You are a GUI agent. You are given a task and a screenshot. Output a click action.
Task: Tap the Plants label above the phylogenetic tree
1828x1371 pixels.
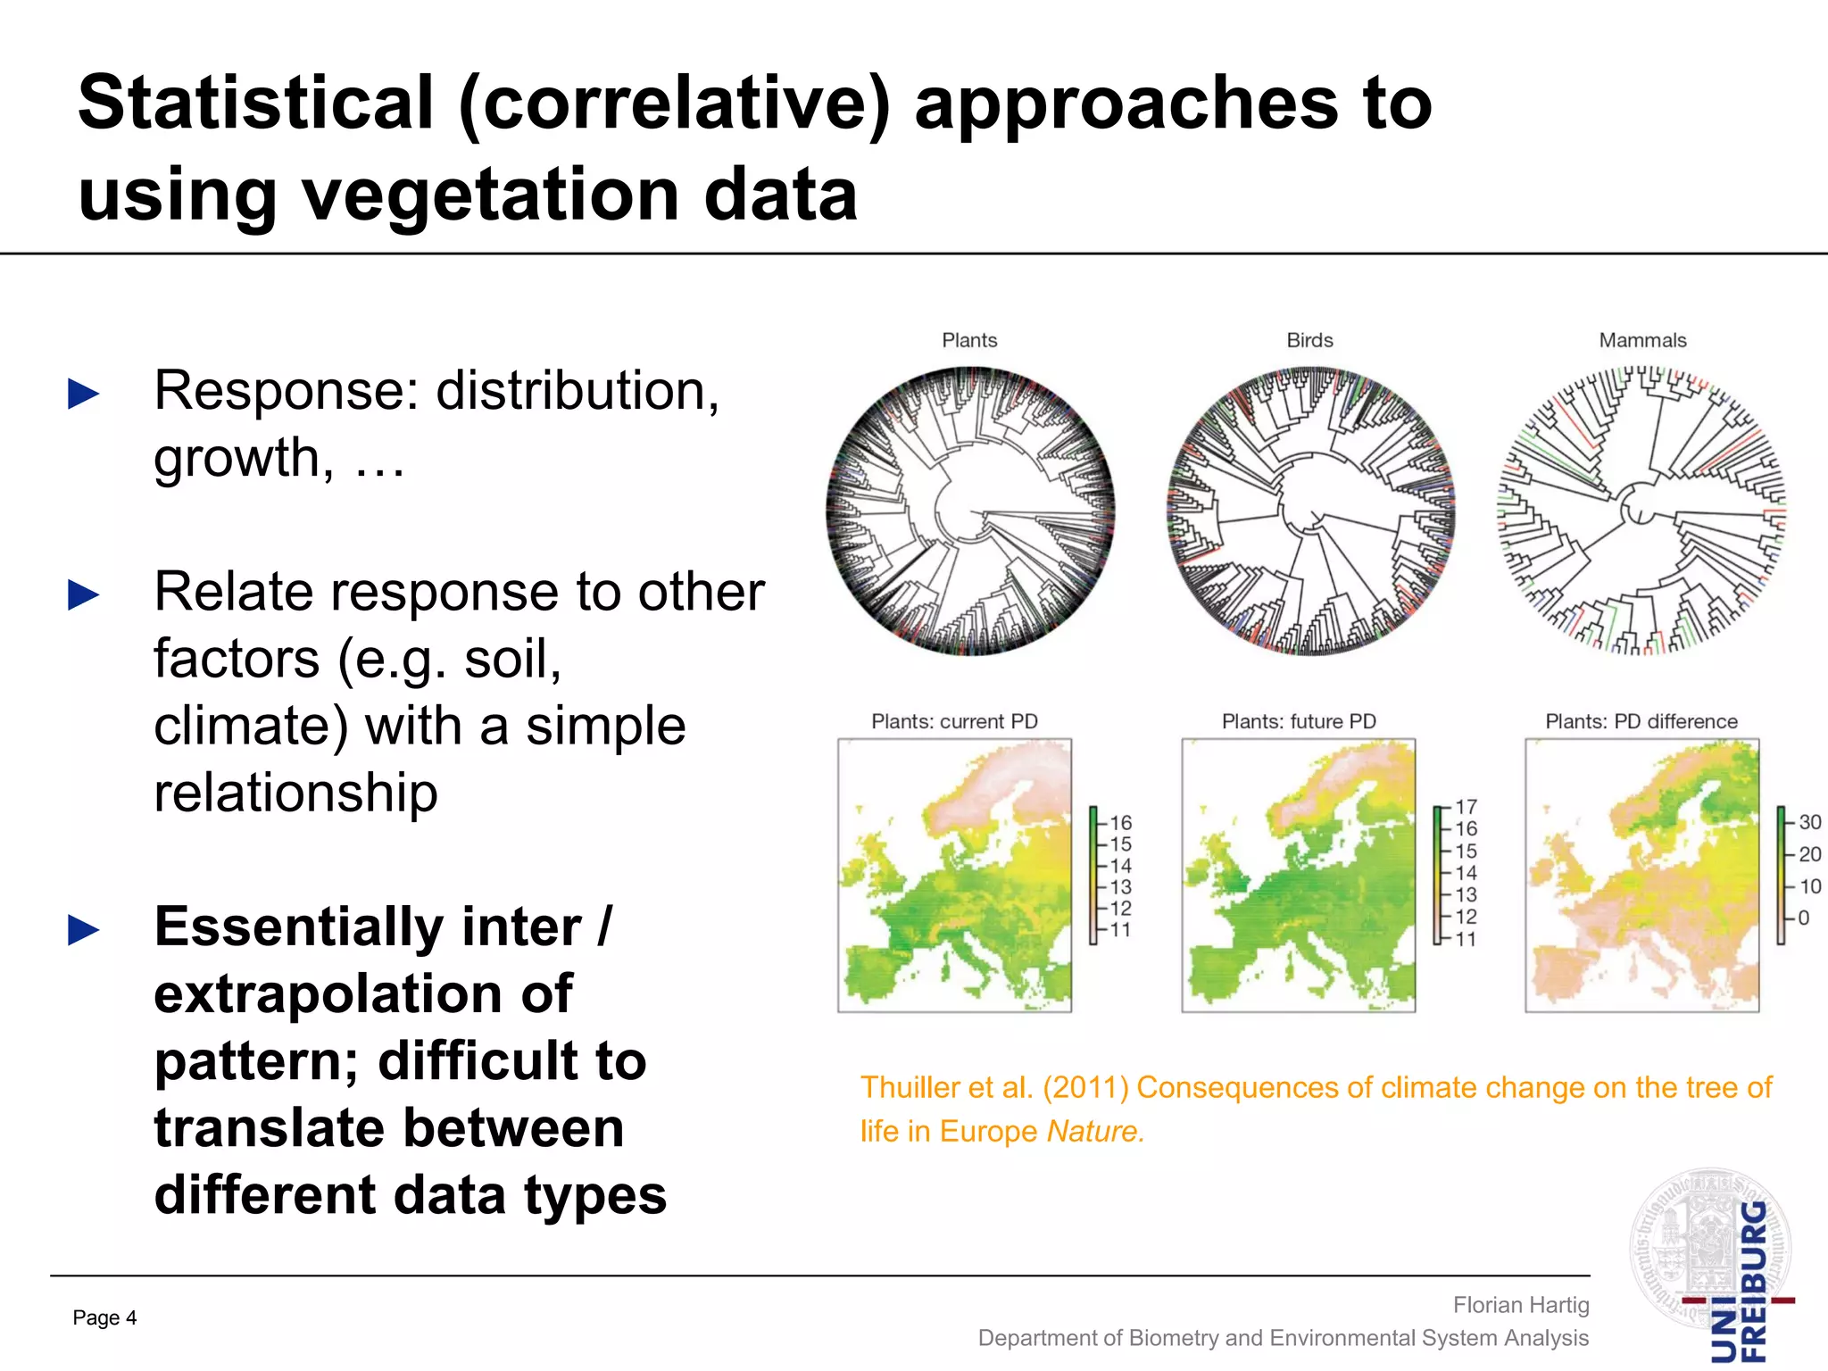click(x=969, y=340)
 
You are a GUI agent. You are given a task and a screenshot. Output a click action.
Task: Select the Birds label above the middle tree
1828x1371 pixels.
click(x=1309, y=340)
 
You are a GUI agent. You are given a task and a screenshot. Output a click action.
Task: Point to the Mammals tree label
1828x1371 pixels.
click(x=1642, y=340)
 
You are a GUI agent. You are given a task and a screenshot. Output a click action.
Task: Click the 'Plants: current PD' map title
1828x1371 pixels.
click(x=954, y=721)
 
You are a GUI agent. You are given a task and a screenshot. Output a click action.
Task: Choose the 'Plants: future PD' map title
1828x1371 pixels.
click(x=1299, y=721)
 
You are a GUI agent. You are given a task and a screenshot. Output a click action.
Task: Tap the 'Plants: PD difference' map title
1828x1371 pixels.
click(x=1641, y=721)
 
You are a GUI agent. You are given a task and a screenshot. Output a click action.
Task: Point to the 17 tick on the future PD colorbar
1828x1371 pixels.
click(x=1466, y=807)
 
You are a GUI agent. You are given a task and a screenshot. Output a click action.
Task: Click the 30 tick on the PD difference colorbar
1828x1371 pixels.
click(x=1809, y=822)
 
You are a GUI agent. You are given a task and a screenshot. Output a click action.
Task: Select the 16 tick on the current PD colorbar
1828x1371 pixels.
click(x=1120, y=823)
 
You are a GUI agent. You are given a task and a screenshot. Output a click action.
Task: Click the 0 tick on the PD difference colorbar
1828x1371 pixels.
click(x=1803, y=918)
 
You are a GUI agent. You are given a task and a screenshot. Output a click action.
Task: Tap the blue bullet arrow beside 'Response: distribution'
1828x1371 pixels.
click(x=84, y=394)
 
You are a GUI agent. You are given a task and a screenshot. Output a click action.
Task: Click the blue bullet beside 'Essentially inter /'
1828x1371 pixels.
click(x=84, y=930)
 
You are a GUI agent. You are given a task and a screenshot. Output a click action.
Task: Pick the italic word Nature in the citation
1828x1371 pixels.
click(x=1094, y=1131)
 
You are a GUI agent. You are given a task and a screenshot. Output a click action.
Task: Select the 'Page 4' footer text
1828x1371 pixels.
click(x=104, y=1317)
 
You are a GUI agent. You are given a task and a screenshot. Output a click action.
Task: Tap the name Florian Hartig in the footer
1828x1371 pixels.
click(x=1521, y=1305)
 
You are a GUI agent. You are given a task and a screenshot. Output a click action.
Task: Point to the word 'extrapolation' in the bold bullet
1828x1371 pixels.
click(x=362, y=993)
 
